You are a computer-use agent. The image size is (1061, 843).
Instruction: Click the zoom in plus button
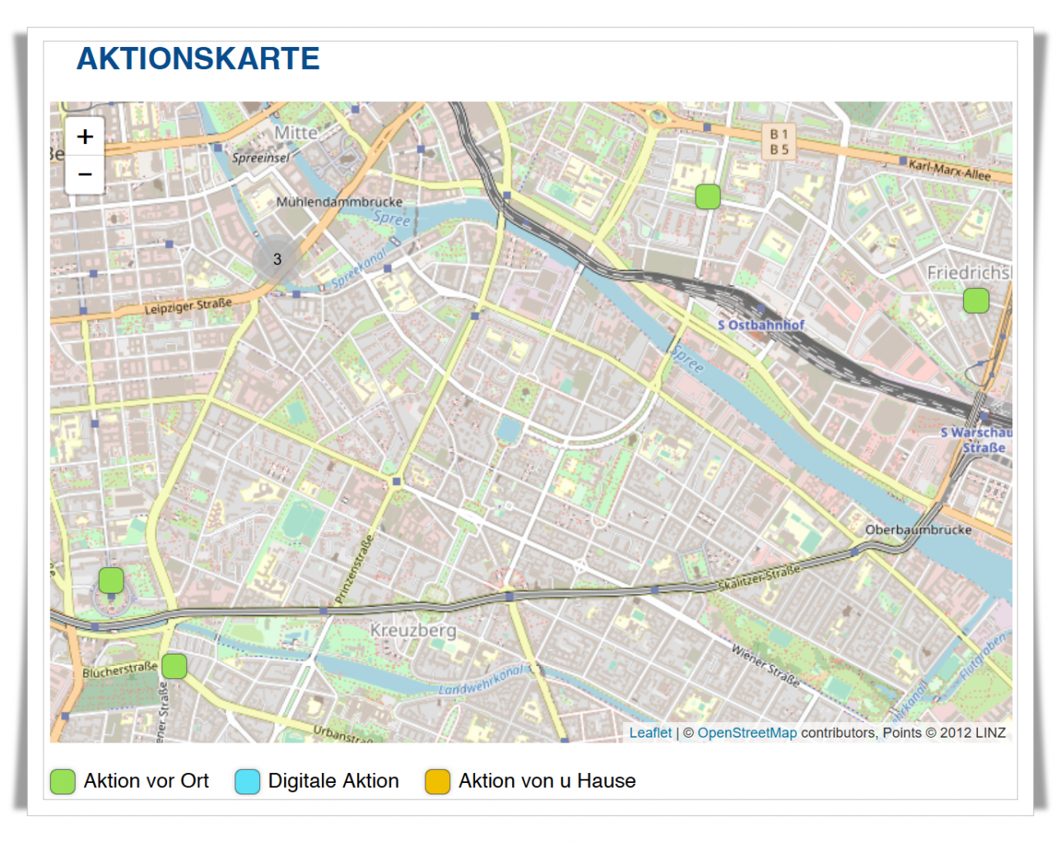point(85,137)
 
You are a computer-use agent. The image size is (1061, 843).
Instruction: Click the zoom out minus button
point(85,175)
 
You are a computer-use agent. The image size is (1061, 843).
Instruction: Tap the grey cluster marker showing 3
point(277,259)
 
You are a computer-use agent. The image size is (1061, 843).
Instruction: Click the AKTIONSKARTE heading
point(198,59)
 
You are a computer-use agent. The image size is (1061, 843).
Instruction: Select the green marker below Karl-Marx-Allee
point(708,197)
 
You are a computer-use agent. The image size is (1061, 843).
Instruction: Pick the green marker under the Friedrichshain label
point(976,300)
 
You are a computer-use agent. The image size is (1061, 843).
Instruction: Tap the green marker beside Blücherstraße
point(174,666)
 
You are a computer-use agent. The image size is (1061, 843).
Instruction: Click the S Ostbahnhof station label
point(761,325)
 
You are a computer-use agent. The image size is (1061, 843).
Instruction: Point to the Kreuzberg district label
point(412,631)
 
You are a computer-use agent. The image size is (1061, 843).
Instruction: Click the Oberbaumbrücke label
point(918,530)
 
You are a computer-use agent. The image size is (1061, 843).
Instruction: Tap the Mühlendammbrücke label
point(339,202)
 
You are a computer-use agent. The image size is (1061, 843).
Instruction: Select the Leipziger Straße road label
point(188,306)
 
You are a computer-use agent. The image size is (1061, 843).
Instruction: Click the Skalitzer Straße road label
point(758,578)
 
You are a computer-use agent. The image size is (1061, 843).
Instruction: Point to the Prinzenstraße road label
point(355,570)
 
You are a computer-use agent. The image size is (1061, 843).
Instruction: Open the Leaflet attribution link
point(650,733)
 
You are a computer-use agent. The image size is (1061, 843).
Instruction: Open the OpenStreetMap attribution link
point(747,733)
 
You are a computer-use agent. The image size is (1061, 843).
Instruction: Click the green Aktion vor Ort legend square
point(63,781)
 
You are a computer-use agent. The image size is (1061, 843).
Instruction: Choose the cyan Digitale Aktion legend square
point(247,781)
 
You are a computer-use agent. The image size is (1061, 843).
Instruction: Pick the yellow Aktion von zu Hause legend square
point(437,781)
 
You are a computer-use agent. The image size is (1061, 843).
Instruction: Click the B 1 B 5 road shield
point(779,142)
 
